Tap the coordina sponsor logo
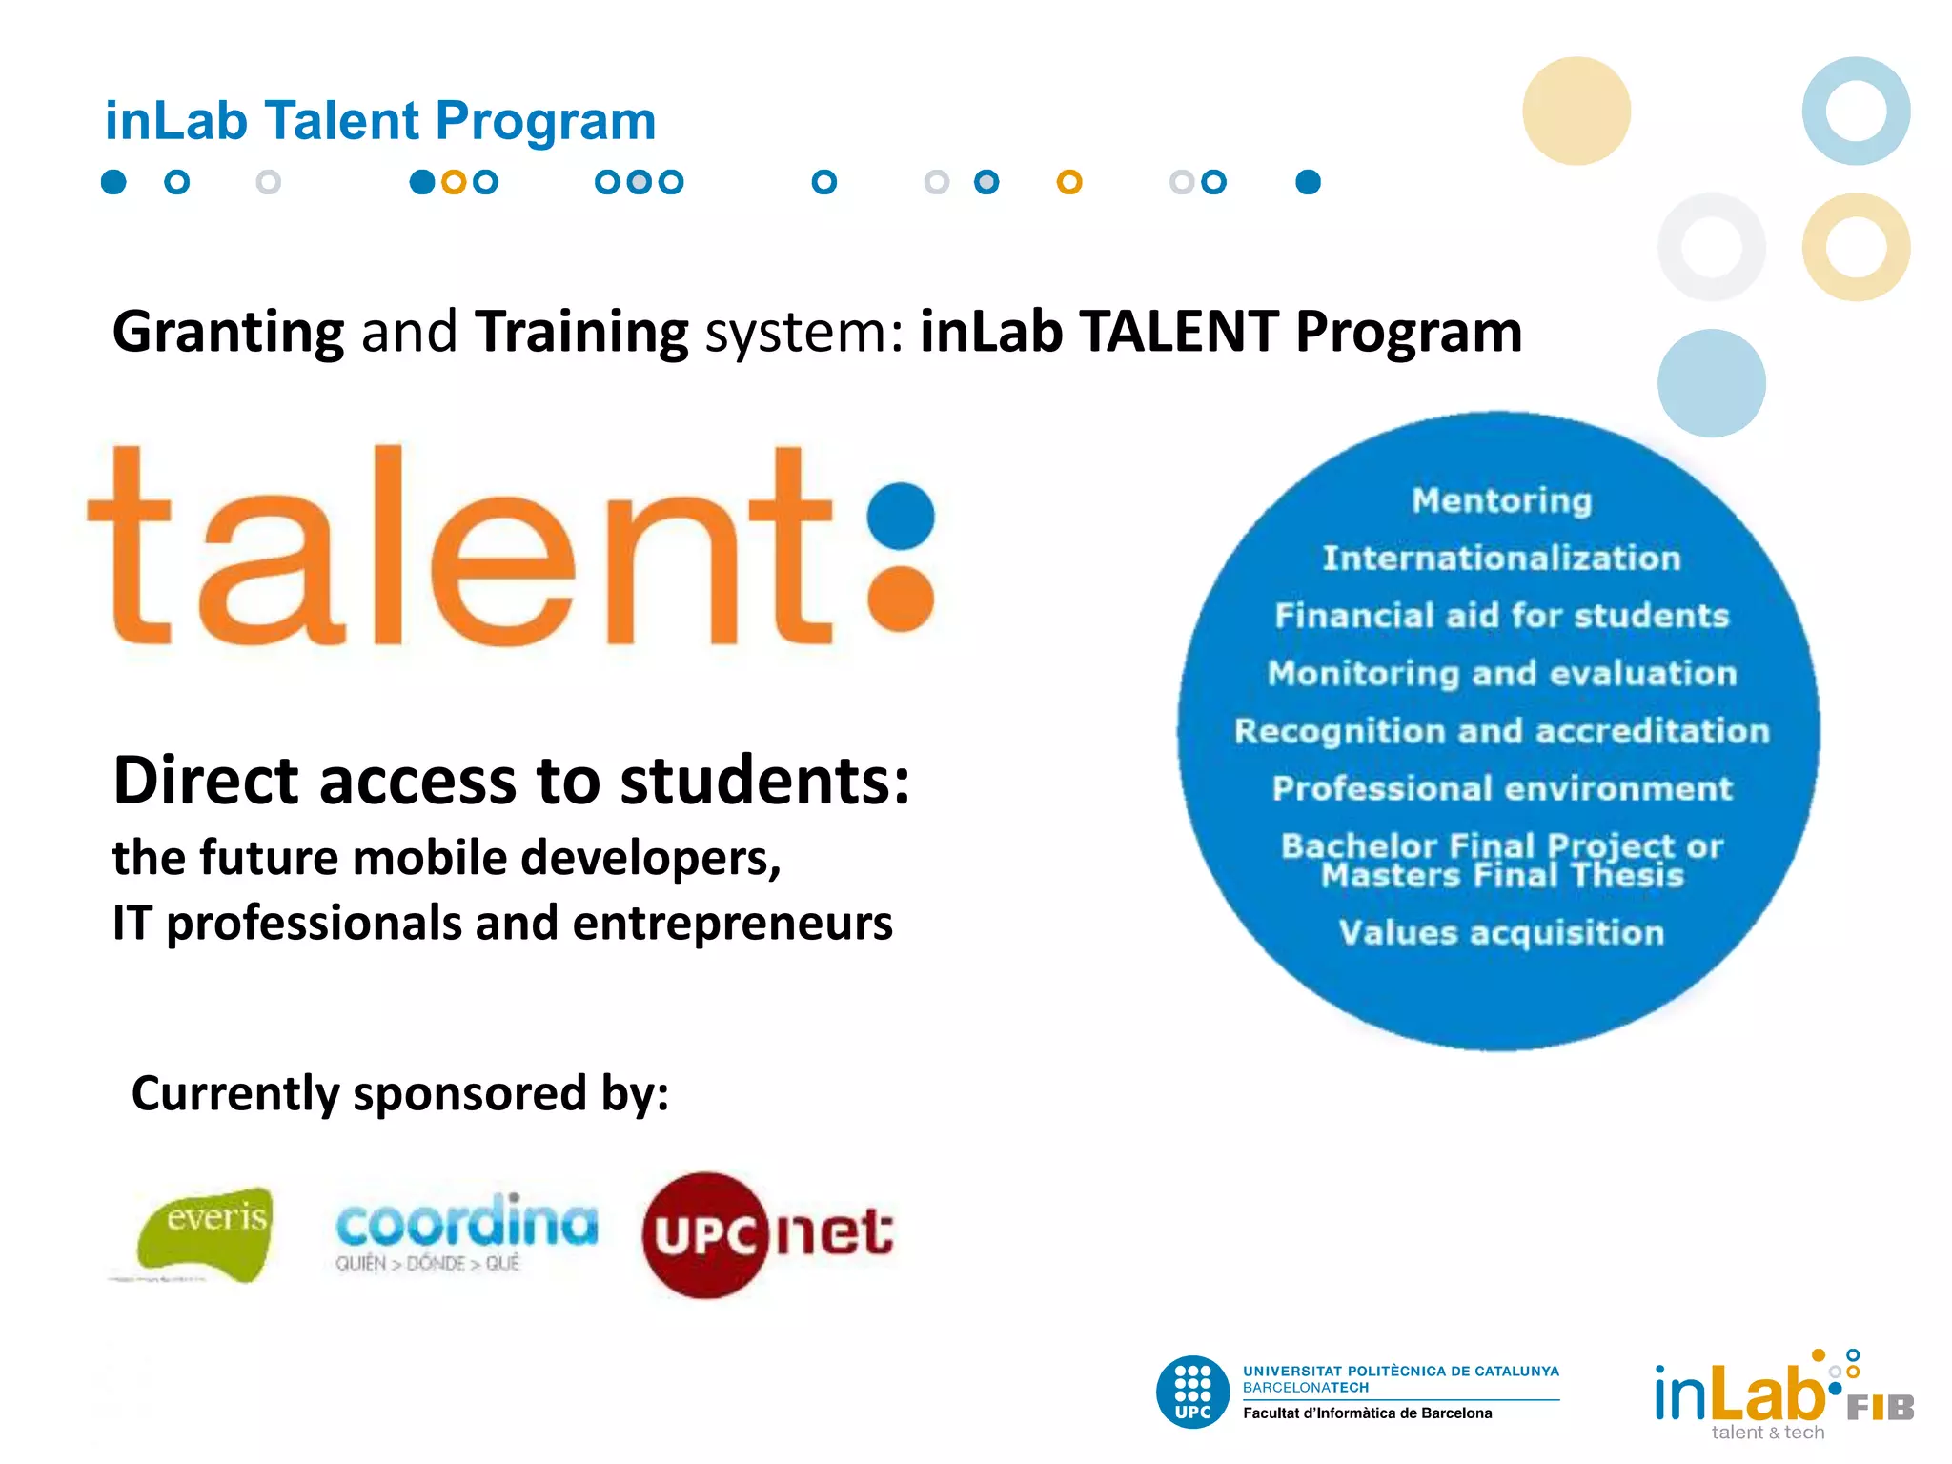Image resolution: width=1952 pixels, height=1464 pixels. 466,1230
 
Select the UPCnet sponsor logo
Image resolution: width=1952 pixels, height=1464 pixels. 767,1234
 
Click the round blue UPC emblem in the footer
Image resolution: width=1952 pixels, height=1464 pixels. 1192,1392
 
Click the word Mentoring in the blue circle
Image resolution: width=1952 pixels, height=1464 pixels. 1502,500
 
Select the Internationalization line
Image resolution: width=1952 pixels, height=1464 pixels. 1501,558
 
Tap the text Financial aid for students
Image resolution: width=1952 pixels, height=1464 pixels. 1502,616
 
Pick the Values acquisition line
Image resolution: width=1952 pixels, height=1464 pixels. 1501,932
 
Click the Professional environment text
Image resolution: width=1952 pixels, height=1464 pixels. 1502,788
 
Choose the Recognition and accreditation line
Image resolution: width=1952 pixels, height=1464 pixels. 1502,731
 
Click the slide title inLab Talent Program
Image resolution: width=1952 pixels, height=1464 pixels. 380,121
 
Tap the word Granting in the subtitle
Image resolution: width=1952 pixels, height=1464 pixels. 229,332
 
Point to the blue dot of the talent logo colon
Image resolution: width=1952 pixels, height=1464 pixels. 902,516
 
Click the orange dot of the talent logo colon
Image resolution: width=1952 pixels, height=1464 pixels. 902,598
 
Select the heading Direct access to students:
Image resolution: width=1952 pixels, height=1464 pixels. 511,780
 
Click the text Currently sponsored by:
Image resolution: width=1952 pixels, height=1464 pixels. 400,1092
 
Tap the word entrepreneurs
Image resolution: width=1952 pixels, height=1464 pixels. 733,923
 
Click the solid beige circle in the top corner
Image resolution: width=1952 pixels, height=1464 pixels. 1576,111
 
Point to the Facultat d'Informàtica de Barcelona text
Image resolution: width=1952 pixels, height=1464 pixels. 1367,1413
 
